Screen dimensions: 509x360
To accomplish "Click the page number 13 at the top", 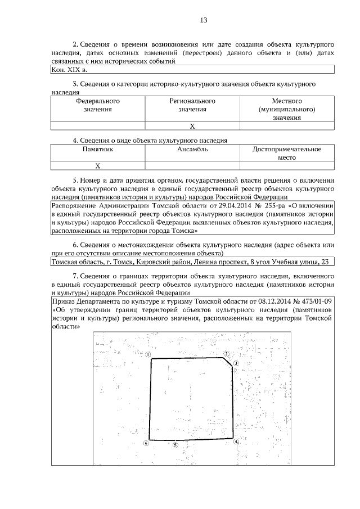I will (204, 20).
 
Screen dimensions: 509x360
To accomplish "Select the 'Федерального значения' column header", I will (98, 105).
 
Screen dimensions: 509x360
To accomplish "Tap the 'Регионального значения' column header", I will (192, 105).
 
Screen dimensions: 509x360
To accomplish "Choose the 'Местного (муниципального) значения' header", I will (287, 109).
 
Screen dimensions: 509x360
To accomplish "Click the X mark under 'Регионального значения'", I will (192, 126).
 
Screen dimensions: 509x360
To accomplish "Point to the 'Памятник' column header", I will (98, 150).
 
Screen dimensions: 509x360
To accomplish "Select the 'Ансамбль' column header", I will (192, 150).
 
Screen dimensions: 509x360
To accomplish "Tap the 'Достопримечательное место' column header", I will (287, 154).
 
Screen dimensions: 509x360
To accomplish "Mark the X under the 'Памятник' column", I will (98, 166).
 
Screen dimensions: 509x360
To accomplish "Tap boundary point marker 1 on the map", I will (147, 354).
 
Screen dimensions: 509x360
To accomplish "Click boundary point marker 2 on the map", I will (226, 354).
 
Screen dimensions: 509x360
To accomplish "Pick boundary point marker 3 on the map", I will (237, 364).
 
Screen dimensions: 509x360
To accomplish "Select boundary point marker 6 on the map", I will (146, 443).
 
